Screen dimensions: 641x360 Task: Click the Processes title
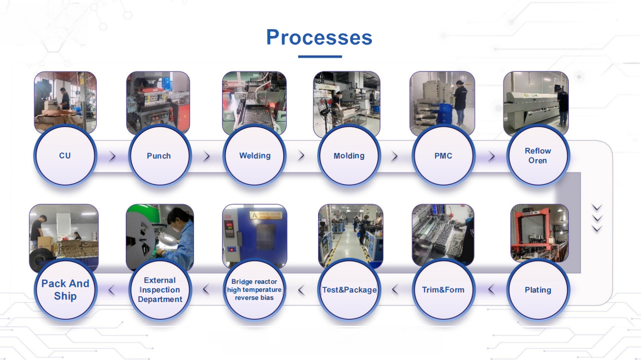tap(319, 37)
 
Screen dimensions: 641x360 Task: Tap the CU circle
tap(65, 155)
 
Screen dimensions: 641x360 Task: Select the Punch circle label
tap(159, 156)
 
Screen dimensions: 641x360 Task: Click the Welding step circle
tap(255, 155)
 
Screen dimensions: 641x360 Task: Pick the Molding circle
tap(349, 155)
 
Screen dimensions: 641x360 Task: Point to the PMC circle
tap(443, 155)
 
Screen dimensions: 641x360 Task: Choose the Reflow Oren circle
tap(538, 155)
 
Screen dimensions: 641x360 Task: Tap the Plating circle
tap(538, 289)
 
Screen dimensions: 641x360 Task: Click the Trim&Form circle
tap(443, 289)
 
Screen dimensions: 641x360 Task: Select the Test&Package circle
tap(349, 289)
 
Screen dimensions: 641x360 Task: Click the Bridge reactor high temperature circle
tap(255, 289)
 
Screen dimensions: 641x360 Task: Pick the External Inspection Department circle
tap(160, 289)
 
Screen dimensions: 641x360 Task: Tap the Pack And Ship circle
tap(65, 289)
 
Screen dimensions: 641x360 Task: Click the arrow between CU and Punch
tap(112, 156)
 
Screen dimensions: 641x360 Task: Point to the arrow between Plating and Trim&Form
tap(491, 289)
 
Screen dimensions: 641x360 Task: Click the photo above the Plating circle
tap(539, 233)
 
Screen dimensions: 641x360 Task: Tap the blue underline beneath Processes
tap(320, 57)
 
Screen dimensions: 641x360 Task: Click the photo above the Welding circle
tap(254, 102)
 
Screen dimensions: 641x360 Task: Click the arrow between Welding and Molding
tap(301, 156)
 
